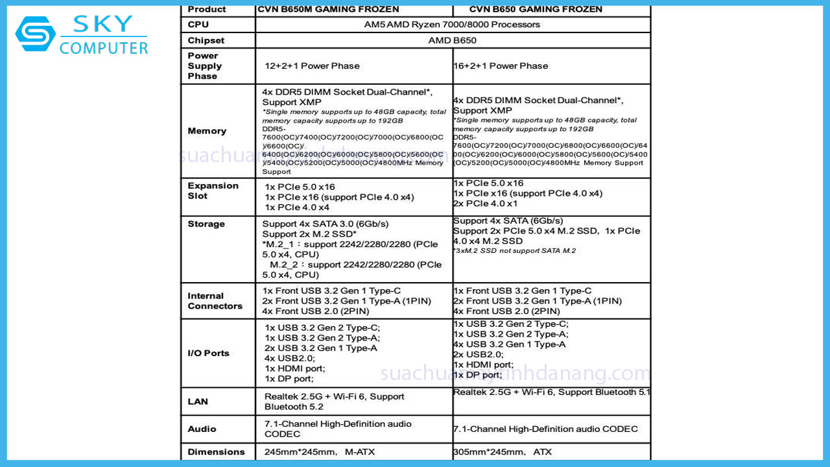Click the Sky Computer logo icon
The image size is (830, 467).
click(36, 34)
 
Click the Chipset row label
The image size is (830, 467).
click(207, 40)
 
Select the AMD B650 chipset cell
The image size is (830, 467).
click(452, 40)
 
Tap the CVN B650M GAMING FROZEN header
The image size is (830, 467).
click(328, 9)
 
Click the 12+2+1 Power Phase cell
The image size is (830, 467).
click(312, 66)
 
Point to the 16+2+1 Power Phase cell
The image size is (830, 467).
click(501, 66)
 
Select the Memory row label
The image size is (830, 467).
click(207, 131)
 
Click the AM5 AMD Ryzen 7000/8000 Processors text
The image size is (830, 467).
click(452, 25)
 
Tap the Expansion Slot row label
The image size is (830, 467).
click(213, 191)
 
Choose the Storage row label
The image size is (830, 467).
click(206, 224)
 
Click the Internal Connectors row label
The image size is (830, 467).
click(215, 301)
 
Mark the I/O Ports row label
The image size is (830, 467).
click(208, 353)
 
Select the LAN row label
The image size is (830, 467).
click(198, 401)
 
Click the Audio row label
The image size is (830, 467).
click(202, 429)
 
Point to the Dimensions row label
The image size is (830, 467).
click(216, 452)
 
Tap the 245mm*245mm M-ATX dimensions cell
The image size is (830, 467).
click(319, 452)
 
